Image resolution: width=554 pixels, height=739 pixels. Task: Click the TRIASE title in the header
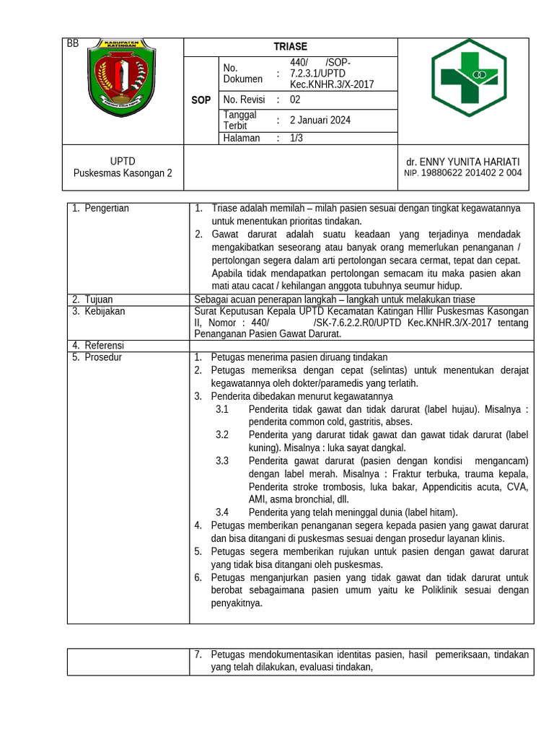(x=290, y=47)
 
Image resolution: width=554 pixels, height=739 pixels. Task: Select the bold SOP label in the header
(x=201, y=100)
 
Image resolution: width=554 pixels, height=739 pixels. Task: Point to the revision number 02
(x=296, y=100)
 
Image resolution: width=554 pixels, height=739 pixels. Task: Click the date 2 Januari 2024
(x=320, y=121)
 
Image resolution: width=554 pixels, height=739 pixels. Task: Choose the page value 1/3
(x=296, y=139)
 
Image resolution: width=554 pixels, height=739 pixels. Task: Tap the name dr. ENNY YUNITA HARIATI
(x=462, y=162)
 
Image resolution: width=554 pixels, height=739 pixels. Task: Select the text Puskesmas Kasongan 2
(x=123, y=173)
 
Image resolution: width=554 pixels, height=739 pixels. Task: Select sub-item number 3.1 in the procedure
(x=222, y=410)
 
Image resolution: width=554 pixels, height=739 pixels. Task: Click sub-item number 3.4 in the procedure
(x=222, y=512)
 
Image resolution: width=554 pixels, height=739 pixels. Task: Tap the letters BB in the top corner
(x=72, y=44)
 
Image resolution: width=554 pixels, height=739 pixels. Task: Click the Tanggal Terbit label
(x=240, y=121)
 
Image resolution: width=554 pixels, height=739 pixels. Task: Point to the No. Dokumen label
(x=243, y=74)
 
